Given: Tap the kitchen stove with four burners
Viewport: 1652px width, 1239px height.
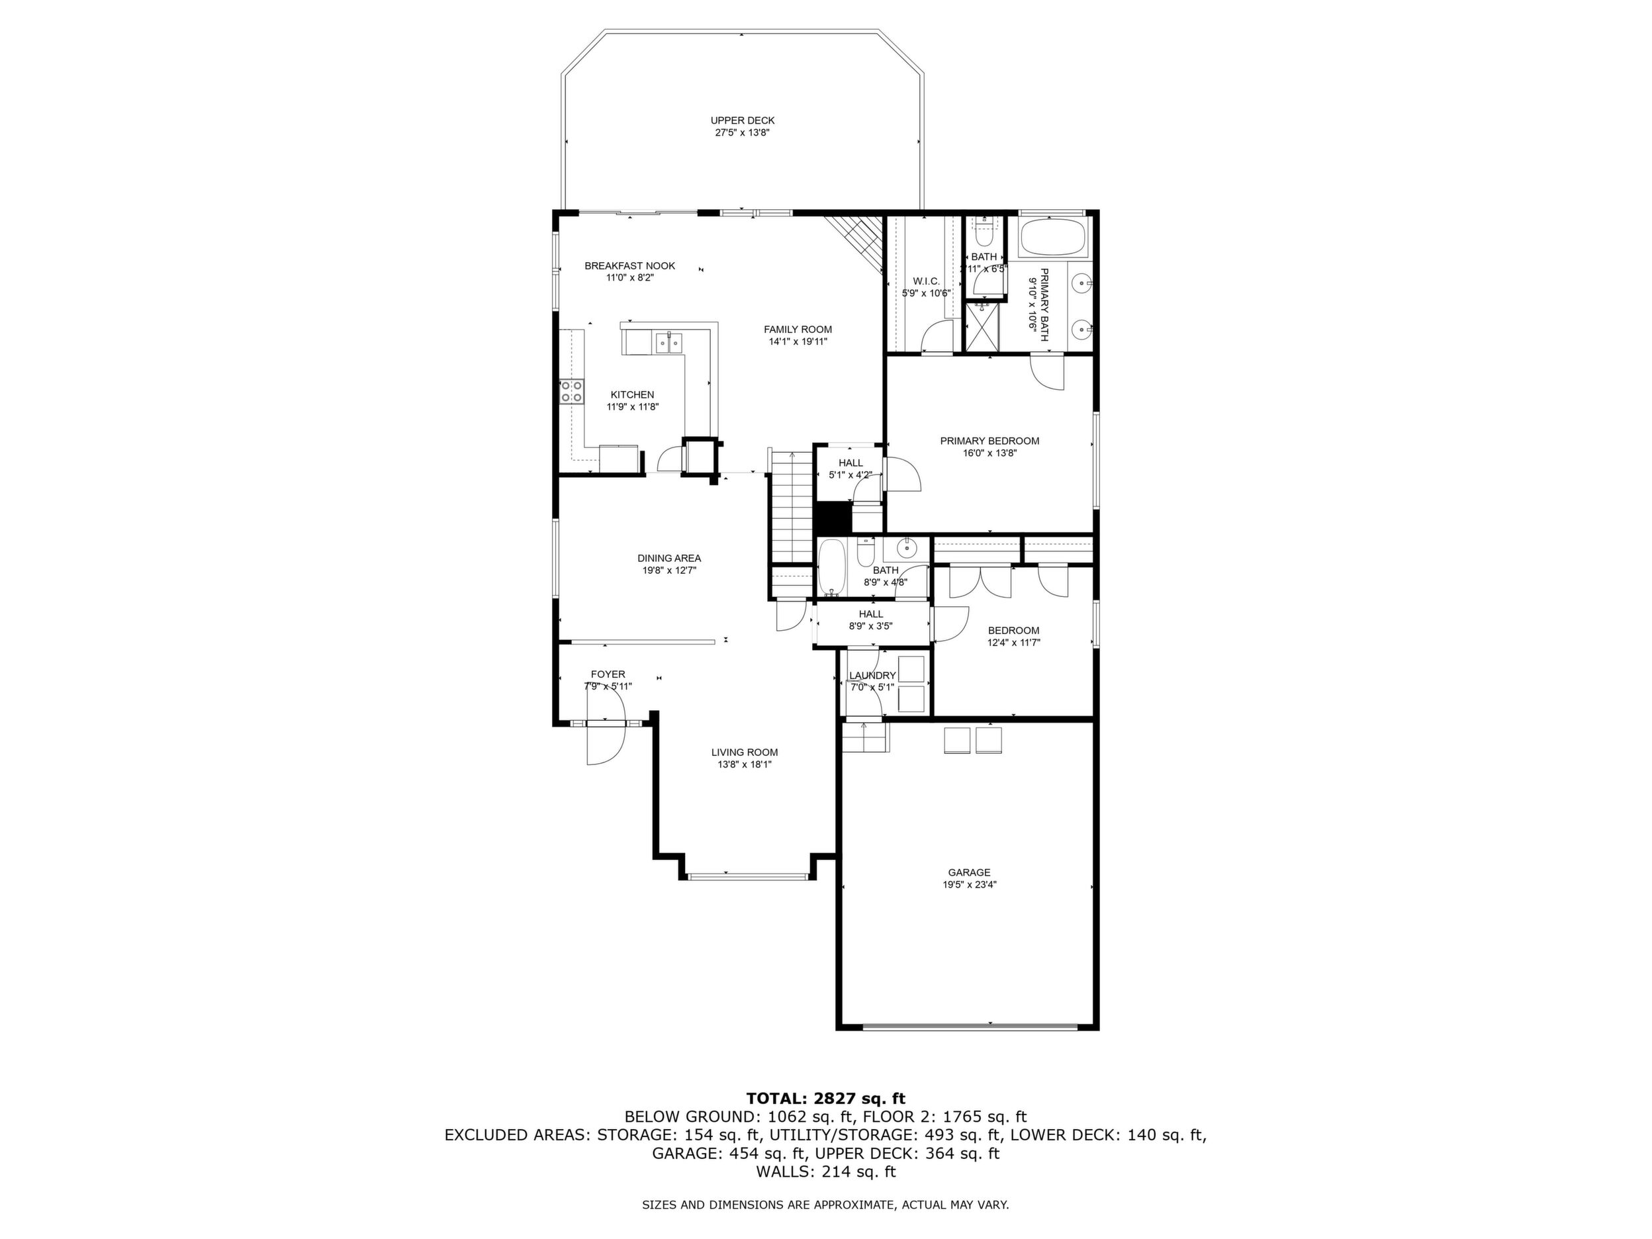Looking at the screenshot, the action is tap(572, 391).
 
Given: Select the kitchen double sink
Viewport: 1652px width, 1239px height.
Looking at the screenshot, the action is tap(146, 343).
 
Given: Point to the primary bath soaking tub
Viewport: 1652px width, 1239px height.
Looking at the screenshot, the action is tap(1053, 237).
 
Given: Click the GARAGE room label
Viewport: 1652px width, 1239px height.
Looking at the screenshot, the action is tap(969, 872).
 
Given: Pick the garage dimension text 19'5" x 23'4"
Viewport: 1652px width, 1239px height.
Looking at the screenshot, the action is tap(969, 885).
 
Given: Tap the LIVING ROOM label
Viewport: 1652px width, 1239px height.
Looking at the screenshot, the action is tap(744, 752).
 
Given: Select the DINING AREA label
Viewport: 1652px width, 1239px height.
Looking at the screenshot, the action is tap(668, 558).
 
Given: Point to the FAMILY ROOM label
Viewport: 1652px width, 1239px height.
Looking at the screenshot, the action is tap(798, 330).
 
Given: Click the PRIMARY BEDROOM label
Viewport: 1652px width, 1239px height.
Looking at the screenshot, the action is tap(989, 441).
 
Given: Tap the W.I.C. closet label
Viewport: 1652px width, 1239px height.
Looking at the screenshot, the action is tap(925, 281).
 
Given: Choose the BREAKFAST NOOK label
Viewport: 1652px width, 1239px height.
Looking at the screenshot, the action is tap(629, 265).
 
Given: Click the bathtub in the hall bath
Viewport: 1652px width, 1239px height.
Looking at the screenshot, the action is tap(831, 568).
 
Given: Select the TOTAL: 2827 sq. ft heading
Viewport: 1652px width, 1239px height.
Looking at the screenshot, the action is tap(825, 1099).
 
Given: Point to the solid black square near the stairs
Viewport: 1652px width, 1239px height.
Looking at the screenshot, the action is tap(831, 518).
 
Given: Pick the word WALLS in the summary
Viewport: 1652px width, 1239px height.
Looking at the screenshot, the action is tap(784, 1171).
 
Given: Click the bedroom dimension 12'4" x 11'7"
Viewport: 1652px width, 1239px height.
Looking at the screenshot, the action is tap(1013, 642).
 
